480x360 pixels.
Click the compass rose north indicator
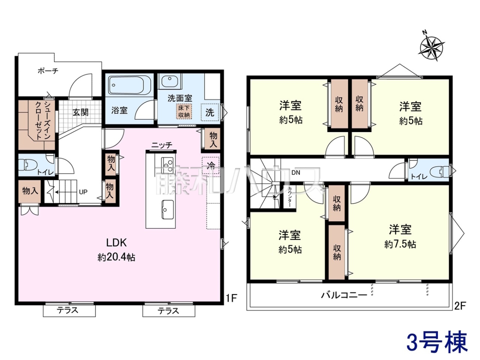(431, 49)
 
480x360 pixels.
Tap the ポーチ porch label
(48, 71)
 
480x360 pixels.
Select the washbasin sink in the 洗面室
(170, 81)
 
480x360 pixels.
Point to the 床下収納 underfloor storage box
(184, 111)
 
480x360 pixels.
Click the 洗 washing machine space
(210, 112)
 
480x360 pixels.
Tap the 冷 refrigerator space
(211, 166)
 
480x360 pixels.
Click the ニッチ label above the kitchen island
(162, 145)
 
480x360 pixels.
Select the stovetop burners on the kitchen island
(167, 166)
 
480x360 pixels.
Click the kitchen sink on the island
(168, 209)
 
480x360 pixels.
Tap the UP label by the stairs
(83, 192)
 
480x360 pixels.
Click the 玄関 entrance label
(80, 112)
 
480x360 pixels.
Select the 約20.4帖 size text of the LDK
(116, 258)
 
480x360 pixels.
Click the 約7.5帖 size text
(400, 244)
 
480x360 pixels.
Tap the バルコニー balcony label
(344, 296)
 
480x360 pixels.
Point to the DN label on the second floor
(296, 173)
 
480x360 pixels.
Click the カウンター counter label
(290, 197)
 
